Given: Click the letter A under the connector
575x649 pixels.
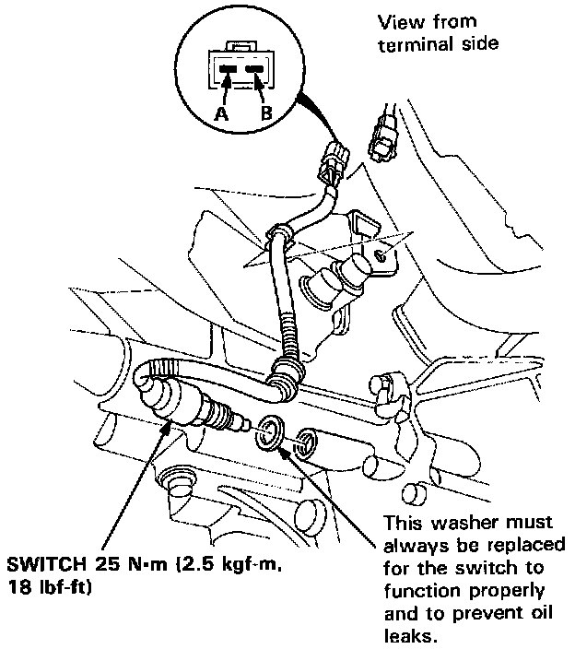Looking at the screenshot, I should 221,114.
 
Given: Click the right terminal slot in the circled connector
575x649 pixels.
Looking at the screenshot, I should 255,67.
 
